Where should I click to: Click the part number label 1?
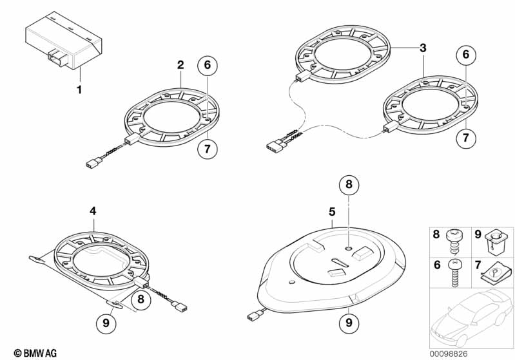[x=79, y=90]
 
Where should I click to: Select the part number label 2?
[x=180, y=65]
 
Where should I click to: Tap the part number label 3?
[x=423, y=48]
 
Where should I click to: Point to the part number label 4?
[x=93, y=211]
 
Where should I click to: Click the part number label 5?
[x=332, y=212]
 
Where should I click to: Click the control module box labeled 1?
[x=64, y=41]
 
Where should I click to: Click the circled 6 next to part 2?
[x=208, y=65]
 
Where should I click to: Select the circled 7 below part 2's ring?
[x=208, y=149]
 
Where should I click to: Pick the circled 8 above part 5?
[x=349, y=184]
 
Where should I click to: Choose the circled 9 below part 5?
[x=349, y=323]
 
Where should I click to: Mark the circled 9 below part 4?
[x=106, y=323]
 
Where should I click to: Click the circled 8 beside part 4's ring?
[x=141, y=299]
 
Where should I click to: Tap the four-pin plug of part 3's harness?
[x=275, y=145]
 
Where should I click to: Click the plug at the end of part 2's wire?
[x=93, y=162]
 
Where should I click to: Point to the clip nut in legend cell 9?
[x=493, y=243]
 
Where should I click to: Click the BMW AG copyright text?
[x=35, y=353]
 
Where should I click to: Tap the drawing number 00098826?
[x=449, y=354]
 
